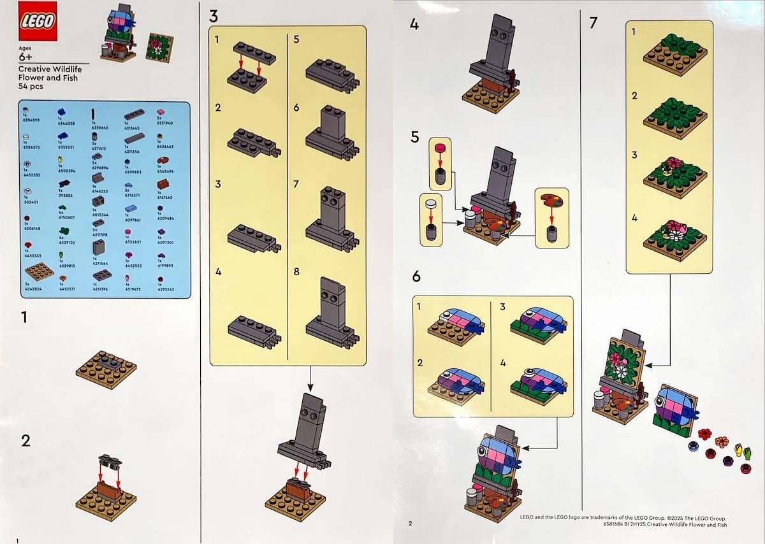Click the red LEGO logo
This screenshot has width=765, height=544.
pos(38,20)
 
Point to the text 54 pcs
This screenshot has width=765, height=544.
pos(31,86)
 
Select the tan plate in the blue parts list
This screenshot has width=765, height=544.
pos(40,271)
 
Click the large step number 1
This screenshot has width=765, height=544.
pos(24,317)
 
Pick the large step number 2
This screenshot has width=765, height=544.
pos(25,441)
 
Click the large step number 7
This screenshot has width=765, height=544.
pos(594,23)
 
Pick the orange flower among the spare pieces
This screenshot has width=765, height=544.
pos(722,441)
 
